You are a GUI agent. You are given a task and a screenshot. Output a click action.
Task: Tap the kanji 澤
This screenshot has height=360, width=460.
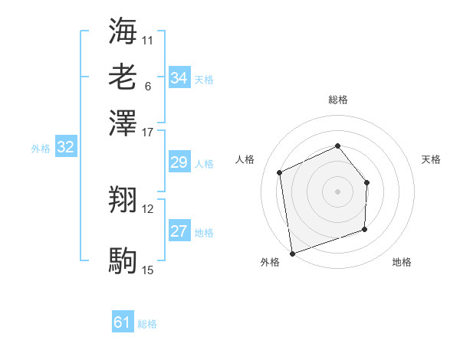point(123,123)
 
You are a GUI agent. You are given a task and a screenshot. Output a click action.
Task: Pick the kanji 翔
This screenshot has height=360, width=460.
point(123,201)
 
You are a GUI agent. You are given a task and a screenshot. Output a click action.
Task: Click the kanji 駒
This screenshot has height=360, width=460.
point(123,261)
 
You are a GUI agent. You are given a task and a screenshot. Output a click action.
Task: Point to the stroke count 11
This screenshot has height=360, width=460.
point(148,39)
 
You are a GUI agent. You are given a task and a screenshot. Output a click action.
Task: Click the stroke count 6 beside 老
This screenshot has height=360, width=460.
point(148,86)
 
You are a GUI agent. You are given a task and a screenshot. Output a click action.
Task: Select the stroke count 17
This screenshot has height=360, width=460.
point(148,131)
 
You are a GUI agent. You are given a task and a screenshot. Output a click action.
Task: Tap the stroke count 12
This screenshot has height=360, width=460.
point(148,208)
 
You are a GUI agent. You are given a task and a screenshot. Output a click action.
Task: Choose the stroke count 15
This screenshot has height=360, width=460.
point(148,270)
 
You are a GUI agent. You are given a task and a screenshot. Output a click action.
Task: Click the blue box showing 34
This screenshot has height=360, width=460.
point(179,78)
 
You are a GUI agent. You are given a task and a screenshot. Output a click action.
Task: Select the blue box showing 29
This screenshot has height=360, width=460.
point(179,162)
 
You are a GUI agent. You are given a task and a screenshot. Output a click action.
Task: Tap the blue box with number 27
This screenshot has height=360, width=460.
point(179,231)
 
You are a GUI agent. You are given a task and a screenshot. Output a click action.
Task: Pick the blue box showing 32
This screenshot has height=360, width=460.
point(65,148)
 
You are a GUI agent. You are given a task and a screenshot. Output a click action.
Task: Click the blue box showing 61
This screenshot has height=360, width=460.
point(123,323)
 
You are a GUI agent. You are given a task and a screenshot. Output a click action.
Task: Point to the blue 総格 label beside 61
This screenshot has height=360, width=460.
point(147,324)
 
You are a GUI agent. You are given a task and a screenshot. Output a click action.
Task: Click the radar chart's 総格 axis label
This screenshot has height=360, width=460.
point(338,100)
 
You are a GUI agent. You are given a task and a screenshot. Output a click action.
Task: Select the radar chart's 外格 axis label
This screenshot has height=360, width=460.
point(270,263)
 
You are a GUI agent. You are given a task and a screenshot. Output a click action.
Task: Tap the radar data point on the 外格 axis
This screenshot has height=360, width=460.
point(292,253)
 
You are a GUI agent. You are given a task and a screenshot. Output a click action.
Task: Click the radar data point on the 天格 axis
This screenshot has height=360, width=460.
point(367,182)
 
